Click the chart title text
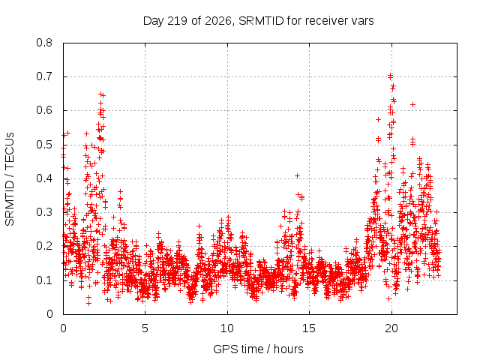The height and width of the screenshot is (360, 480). (x=258, y=21)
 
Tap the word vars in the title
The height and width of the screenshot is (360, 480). (x=362, y=22)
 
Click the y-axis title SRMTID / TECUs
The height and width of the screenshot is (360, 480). (x=10, y=179)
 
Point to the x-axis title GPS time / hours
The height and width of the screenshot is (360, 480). (x=258, y=349)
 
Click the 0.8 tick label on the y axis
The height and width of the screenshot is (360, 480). (x=44, y=43)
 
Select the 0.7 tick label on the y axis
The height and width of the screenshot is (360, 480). (x=44, y=76)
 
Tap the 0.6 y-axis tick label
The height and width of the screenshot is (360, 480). (x=44, y=110)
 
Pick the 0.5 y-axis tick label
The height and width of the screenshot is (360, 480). (x=44, y=145)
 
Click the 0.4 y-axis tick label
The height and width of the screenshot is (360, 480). (x=44, y=178)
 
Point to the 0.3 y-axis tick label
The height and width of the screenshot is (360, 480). (x=44, y=212)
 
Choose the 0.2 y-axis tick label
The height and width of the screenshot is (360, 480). (x=44, y=246)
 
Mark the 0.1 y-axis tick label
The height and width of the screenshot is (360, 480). (x=44, y=280)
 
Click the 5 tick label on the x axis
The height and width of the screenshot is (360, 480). (x=145, y=328)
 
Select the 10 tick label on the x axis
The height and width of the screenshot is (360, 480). (x=227, y=328)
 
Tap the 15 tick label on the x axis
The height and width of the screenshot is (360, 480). (x=309, y=328)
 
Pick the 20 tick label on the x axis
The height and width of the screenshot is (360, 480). (x=391, y=328)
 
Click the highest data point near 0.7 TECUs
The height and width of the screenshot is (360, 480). (x=390, y=76)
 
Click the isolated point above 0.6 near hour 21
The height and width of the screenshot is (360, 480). (x=412, y=105)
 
